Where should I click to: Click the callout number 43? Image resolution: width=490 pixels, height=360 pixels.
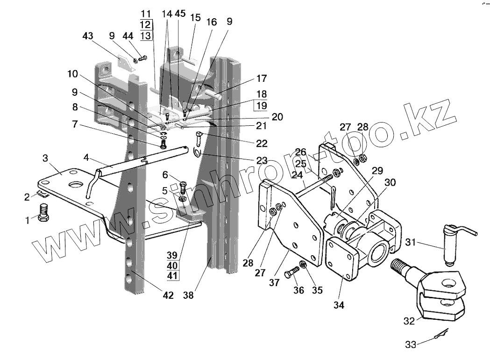[87, 36]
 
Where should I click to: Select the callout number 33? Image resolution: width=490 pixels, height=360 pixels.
[411, 345]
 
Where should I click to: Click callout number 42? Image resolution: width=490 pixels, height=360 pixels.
[167, 295]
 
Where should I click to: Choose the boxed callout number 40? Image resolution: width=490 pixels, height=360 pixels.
[172, 265]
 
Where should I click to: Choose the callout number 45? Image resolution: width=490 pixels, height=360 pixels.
[180, 14]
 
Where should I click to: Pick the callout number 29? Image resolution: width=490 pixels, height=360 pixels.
[377, 171]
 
